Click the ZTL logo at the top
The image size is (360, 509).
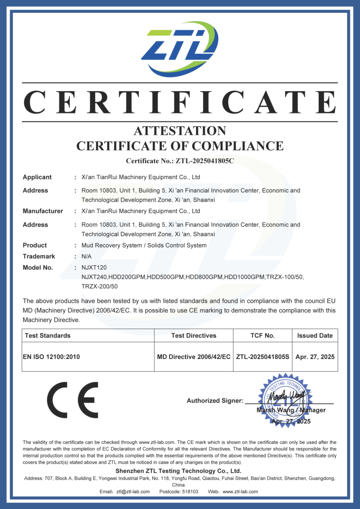(180, 49)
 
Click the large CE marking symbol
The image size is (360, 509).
(73, 400)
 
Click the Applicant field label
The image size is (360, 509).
(37, 177)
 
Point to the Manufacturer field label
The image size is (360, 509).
(43, 211)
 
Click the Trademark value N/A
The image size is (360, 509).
(87, 257)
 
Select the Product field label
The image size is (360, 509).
(34, 245)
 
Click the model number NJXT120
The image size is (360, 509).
(94, 267)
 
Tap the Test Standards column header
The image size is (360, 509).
(48, 335)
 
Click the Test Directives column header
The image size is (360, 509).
(194, 335)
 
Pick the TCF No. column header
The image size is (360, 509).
(263, 335)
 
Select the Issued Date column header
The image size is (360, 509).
(315, 335)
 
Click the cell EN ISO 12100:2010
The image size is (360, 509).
(51, 357)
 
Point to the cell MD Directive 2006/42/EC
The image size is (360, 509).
(194, 357)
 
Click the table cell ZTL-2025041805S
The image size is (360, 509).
(263, 357)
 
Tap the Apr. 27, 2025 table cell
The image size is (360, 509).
(315, 357)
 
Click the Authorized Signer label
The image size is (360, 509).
(215, 401)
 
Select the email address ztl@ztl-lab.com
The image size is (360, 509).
(133, 492)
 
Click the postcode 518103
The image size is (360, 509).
(190, 492)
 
